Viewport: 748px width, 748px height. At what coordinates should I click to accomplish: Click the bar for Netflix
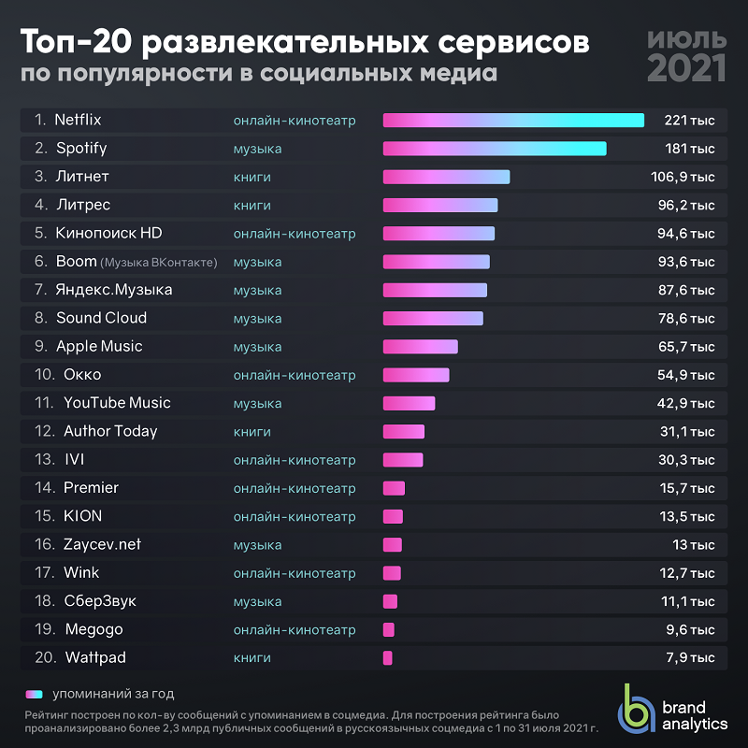(513, 120)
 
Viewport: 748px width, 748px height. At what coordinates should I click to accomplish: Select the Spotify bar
(495, 149)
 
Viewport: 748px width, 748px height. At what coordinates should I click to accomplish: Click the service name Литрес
(83, 205)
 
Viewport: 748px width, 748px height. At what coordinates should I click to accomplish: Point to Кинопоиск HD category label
(295, 233)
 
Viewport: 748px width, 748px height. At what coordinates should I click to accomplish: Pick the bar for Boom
(437, 262)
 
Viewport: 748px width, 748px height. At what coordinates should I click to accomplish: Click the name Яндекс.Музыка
(114, 290)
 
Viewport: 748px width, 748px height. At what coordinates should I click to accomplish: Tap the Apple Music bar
(421, 347)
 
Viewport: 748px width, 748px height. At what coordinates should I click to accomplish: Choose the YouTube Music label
(117, 403)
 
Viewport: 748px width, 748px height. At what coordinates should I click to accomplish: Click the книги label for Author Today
(252, 431)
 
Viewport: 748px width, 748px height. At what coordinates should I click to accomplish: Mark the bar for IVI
(403, 460)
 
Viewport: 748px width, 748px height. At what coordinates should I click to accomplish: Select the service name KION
(83, 516)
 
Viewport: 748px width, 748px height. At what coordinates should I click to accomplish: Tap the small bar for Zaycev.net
(393, 545)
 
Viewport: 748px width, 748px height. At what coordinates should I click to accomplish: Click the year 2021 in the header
(686, 67)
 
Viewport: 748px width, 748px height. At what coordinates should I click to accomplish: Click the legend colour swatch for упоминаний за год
(35, 694)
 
